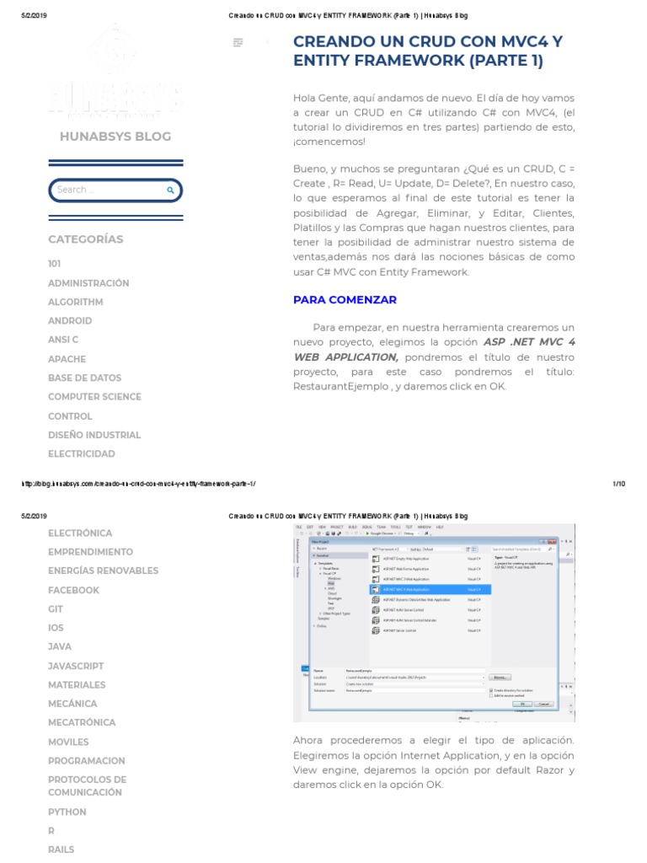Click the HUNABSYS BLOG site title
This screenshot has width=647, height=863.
[115, 137]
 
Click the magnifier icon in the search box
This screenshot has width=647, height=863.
[171, 190]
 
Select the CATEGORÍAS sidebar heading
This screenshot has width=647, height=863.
[85, 239]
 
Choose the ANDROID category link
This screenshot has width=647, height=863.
[70, 321]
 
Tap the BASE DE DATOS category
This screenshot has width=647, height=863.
[84, 378]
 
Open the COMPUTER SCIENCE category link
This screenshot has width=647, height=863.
[94, 397]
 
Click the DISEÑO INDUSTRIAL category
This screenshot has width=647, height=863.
[94, 436]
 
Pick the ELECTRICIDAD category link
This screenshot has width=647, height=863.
[82, 454]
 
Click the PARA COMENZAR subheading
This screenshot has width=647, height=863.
[345, 300]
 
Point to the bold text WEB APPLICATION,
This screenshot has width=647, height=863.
[345, 357]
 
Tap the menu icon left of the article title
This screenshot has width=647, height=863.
[238, 42]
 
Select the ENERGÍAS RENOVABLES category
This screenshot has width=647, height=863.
[103, 571]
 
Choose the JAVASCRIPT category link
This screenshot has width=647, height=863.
[76, 667]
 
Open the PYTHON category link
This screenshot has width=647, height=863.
[67, 812]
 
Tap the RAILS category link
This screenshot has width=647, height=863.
[61, 850]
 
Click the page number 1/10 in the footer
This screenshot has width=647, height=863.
[618, 484]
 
